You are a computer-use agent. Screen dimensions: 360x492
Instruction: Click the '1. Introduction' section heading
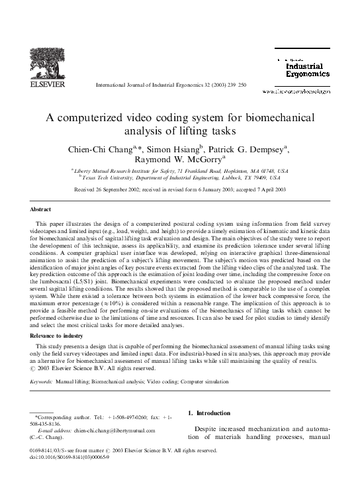210,413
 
